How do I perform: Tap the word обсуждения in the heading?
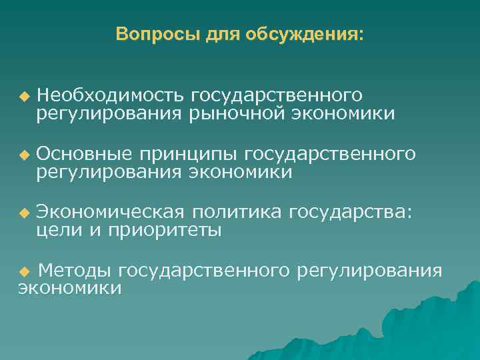pos(305,34)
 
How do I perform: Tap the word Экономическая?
pos(110,212)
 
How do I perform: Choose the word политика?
pos(237,212)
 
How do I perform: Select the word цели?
pos(59,231)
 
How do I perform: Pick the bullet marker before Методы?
pos(25,271)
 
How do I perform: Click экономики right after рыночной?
pos(343,114)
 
